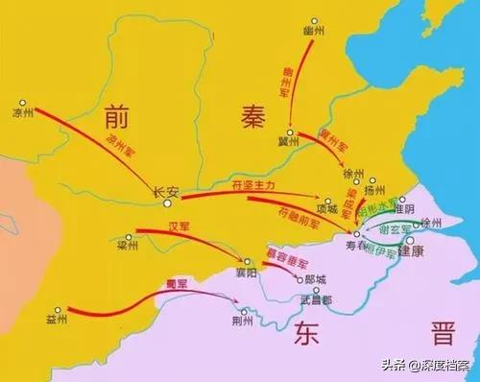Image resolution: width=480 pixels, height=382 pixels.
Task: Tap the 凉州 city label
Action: [x=22, y=111]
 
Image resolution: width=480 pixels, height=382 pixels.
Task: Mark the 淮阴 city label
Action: [x=402, y=207]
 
